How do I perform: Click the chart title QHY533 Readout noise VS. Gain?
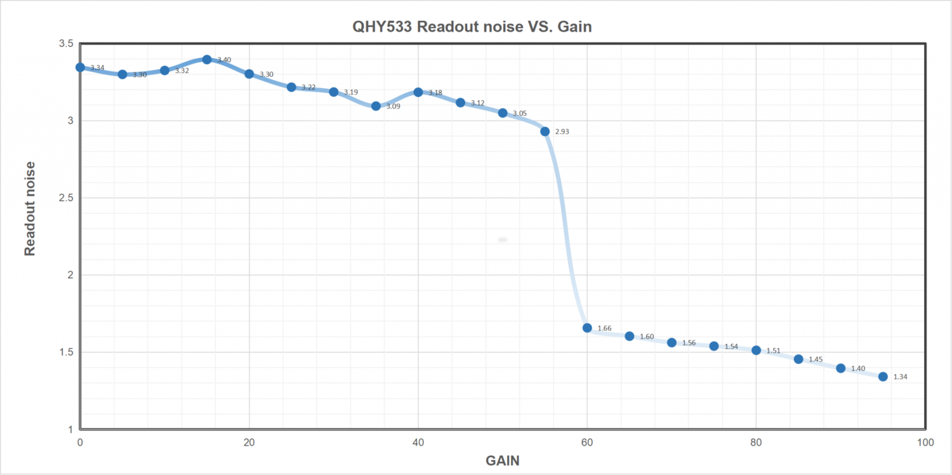(x=472, y=27)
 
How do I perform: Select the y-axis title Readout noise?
(x=30, y=208)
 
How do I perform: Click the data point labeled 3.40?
(x=207, y=60)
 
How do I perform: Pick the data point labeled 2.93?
(x=545, y=131)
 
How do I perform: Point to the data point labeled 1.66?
(x=587, y=328)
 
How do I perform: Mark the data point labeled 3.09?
(x=376, y=106)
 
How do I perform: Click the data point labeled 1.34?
(x=883, y=377)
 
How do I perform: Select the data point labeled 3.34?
(x=80, y=67)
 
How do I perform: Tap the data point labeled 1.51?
(x=756, y=350)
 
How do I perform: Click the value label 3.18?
(x=435, y=93)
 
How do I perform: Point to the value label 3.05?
(x=520, y=114)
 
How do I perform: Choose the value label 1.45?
(x=816, y=360)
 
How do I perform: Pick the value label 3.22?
(x=308, y=88)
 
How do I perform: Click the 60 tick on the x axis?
(x=587, y=442)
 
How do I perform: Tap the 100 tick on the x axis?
(x=925, y=442)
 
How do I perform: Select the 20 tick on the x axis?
(x=249, y=442)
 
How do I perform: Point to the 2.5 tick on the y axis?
(x=65, y=197)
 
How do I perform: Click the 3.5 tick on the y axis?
(x=65, y=43)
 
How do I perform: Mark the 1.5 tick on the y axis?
(x=65, y=352)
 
